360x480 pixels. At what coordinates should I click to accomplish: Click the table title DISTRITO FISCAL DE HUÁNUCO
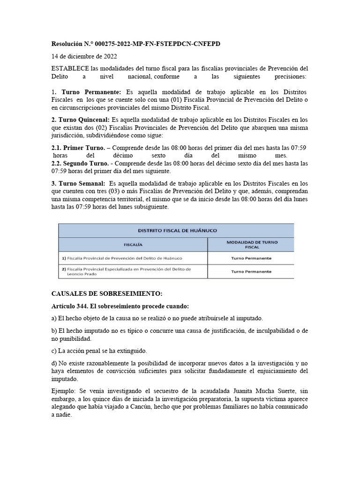[x=177, y=230]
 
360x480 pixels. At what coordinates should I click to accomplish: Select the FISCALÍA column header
[x=133, y=244]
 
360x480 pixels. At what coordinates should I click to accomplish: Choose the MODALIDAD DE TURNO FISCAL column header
[x=251, y=244]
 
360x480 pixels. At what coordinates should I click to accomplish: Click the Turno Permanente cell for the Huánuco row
[x=251, y=258]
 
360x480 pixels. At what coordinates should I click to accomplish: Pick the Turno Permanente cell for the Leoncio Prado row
[x=251, y=272]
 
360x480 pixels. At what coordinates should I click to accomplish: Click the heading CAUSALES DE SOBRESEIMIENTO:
[x=106, y=293]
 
